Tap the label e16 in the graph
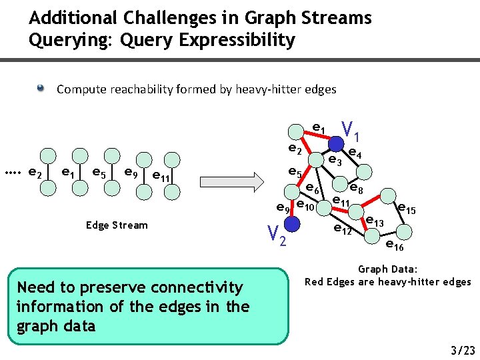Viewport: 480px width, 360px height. tap(395, 246)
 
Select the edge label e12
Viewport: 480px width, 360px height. tap(343, 230)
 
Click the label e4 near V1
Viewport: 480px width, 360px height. tap(355, 155)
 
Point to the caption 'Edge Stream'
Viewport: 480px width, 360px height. tap(117, 225)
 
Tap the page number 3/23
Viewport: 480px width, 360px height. tap(461, 349)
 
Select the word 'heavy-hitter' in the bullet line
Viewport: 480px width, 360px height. tap(262, 89)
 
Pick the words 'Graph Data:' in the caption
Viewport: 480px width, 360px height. tap(387, 269)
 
